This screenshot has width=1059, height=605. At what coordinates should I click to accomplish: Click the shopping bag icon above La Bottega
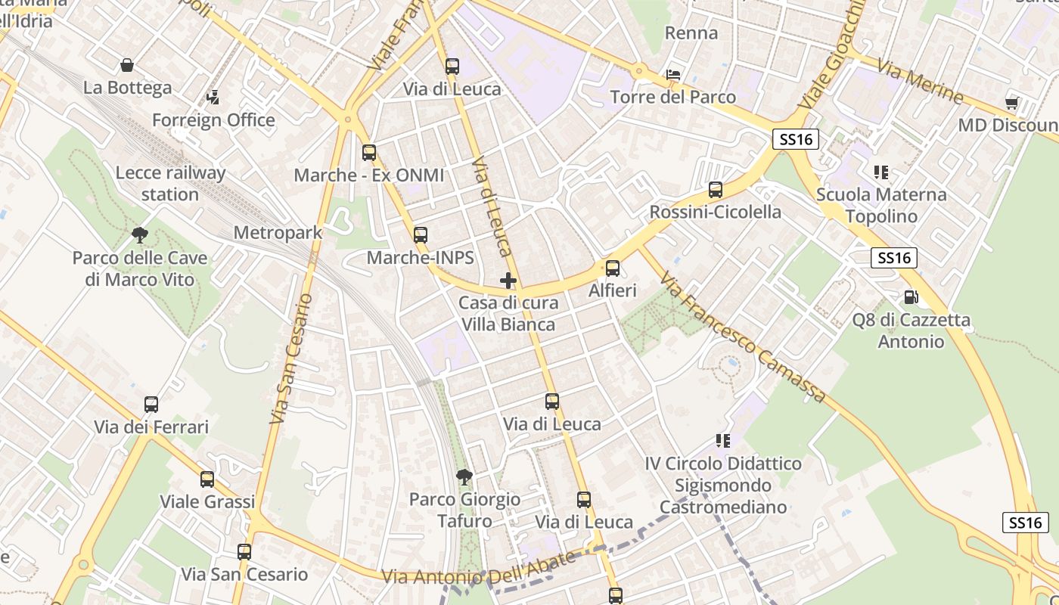click(x=127, y=66)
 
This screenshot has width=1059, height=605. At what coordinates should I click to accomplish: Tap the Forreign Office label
click(x=213, y=120)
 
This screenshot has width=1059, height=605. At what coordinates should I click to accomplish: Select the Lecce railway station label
click(x=170, y=184)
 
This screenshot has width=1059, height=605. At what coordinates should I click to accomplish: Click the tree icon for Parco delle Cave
click(x=139, y=234)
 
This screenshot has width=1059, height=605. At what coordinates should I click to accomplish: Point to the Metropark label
click(x=278, y=233)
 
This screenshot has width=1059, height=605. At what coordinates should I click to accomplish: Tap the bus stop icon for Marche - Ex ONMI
click(x=368, y=153)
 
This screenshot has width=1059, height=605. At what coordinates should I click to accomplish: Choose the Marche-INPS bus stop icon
click(x=420, y=235)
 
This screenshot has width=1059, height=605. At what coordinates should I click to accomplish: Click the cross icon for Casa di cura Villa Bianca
click(x=508, y=281)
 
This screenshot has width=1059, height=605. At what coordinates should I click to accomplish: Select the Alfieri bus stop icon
click(x=613, y=268)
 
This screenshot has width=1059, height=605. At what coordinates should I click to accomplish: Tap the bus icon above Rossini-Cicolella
click(x=715, y=190)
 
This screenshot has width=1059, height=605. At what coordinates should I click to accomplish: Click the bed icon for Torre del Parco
click(x=673, y=75)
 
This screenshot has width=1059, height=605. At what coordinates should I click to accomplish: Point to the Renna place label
click(x=691, y=33)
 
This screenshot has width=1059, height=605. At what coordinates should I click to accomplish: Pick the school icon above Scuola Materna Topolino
click(x=880, y=172)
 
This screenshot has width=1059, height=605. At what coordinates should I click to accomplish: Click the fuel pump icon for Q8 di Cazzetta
click(x=911, y=297)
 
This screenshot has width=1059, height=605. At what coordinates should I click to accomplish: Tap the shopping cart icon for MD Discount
click(x=1011, y=103)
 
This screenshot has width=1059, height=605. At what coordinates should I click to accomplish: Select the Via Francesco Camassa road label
click(x=743, y=338)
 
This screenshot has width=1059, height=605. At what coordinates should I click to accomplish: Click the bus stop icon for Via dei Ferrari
click(x=151, y=405)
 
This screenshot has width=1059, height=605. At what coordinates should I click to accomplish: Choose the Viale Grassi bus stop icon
click(x=207, y=479)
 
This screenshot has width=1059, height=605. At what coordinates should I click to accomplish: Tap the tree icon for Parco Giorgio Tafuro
click(x=464, y=476)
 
